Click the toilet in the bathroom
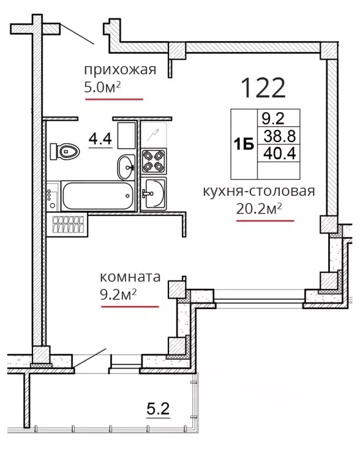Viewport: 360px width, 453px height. pyautogui.click(x=65, y=151)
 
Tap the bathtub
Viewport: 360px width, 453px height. pyautogui.click(x=98, y=196)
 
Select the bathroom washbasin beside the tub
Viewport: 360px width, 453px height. pyautogui.click(x=127, y=167)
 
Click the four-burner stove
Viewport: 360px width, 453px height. pyautogui.click(x=154, y=161)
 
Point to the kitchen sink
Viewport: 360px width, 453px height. pyautogui.click(x=154, y=193)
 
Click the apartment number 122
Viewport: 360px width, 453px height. pyautogui.click(x=263, y=87)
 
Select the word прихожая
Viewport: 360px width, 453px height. pyautogui.click(x=120, y=70)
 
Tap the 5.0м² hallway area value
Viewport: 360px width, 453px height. pyautogui.click(x=102, y=87)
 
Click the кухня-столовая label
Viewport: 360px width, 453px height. pyautogui.click(x=259, y=191)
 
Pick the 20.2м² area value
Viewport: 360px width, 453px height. pyautogui.click(x=259, y=209)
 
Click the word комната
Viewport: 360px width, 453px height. pyautogui.click(x=130, y=277)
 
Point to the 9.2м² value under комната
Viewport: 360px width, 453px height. pyautogui.click(x=118, y=294)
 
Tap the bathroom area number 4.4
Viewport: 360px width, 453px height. pyautogui.click(x=100, y=139)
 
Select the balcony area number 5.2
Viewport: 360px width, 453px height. pyautogui.click(x=158, y=409)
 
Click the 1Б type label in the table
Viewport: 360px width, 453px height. pyautogui.click(x=244, y=144)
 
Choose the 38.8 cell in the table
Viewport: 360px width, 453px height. pyautogui.click(x=279, y=136)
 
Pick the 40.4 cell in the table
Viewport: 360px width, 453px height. pyautogui.click(x=279, y=153)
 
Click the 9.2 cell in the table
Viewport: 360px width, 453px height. pyautogui.click(x=273, y=119)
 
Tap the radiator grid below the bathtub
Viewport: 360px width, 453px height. pyautogui.click(x=68, y=225)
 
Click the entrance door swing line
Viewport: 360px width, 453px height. pyautogui.click(x=77, y=34)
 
